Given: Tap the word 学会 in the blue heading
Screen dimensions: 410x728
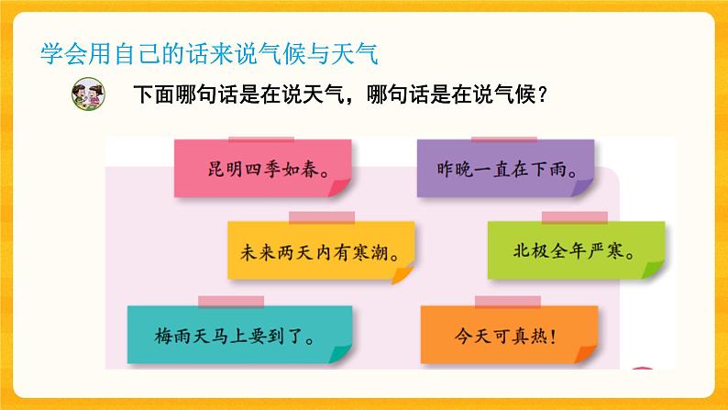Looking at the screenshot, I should click(60, 52).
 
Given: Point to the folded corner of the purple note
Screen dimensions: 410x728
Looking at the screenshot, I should click(583, 188).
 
